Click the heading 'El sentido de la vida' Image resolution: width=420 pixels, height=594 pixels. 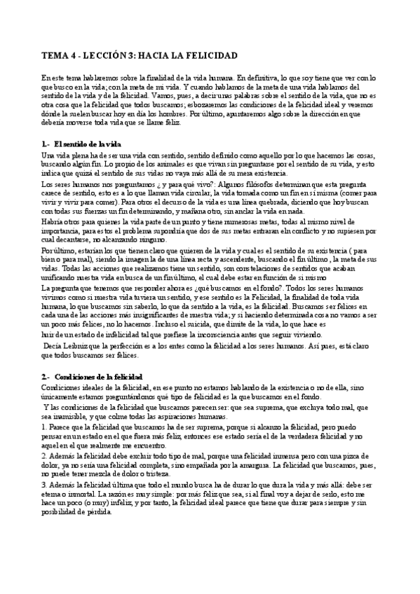coord(82,144)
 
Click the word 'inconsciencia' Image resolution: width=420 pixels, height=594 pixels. coord(248,336)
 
